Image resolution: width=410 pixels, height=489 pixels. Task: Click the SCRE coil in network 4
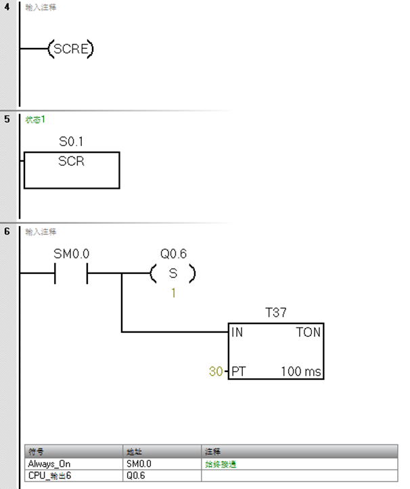coord(70,49)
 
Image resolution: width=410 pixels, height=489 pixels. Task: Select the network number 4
coord(7,7)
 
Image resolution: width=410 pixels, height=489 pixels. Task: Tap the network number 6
coord(7,231)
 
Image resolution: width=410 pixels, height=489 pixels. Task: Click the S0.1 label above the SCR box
coord(71,143)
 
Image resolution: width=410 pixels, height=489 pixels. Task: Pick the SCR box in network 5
coord(72,170)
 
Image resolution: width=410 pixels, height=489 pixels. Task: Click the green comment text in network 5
coord(35,119)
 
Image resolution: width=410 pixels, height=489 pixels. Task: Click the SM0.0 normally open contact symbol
coord(71,274)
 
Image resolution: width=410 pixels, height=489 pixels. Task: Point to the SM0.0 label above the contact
coord(71,254)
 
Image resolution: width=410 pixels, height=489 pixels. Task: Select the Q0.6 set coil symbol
coord(173,274)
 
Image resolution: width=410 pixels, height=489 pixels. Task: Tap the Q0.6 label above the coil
coord(173,254)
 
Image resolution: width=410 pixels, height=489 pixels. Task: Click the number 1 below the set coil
coord(173,294)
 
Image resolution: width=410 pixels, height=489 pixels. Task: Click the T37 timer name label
coord(275,312)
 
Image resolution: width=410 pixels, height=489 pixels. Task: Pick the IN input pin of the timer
coord(237,332)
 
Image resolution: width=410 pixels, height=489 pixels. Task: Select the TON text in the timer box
coord(308,332)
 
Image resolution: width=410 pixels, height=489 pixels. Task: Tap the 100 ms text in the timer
coord(301,371)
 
